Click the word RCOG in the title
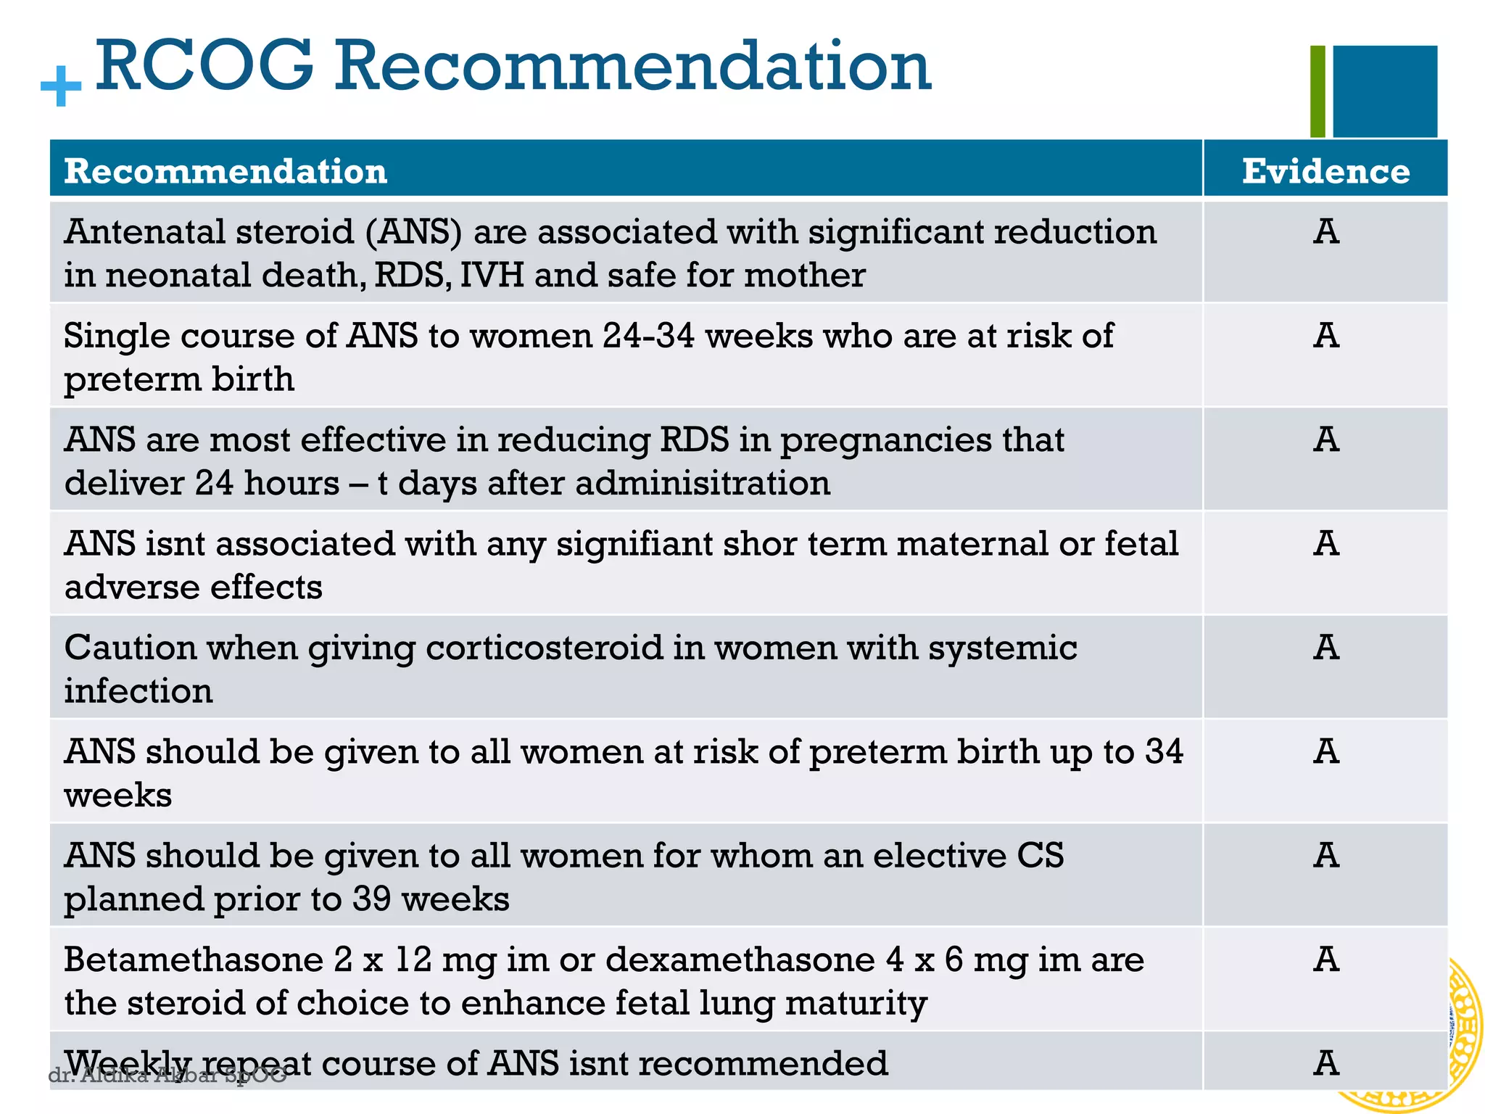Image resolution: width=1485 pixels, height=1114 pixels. pyautogui.click(x=205, y=67)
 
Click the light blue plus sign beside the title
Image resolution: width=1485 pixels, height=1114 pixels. pyautogui.click(x=61, y=86)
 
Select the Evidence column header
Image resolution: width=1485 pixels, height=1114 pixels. pyautogui.click(x=1325, y=172)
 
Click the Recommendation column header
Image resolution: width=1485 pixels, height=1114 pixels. pyautogui.click(x=226, y=172)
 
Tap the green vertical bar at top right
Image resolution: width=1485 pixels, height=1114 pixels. pyautogui.click(x=1318, y=91)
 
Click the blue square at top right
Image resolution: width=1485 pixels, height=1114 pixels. pyautogui.click(x=1385, y=91)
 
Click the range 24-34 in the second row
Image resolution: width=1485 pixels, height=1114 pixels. pyautogui.click(x=648, y=336)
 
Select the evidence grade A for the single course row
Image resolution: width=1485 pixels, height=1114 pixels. pyautogui.click(x=1325, y=336)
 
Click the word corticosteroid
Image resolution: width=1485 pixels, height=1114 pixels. pyautogui.click(x=544, y=648)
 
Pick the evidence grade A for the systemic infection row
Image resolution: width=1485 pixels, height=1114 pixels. pyautogui.click(x=1325, y=648)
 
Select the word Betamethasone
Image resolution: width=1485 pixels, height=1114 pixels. pyautogui.click(x=193, y=960)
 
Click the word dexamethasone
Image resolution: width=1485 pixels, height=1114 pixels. pyautogui.click(x=740, y=960)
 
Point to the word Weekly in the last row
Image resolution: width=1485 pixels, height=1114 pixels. pyautogui.click(x=128, y=1063)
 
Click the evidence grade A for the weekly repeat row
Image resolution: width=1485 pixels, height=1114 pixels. pyautogui.click(x=1325, y=1063)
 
